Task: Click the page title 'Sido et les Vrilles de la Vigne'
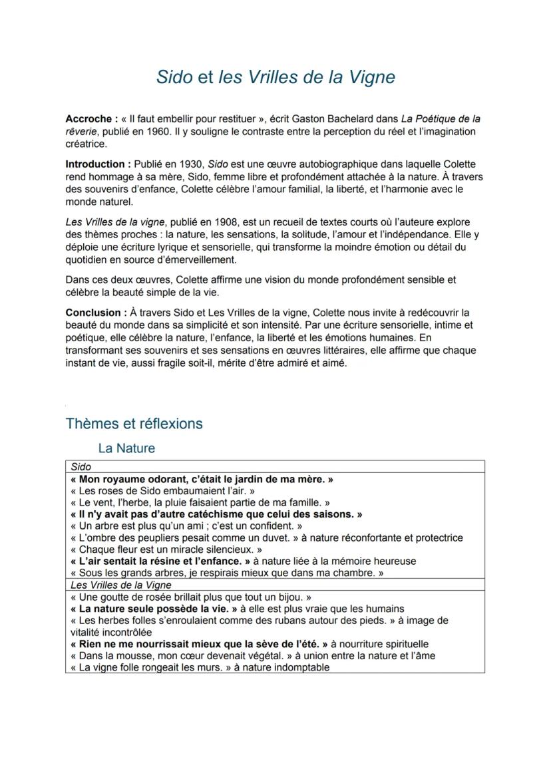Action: tap(275, 77)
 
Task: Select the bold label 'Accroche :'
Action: tap(91, 119)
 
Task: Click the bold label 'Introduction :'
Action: tap(98, 164)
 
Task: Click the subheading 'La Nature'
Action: tap(126, 448)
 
